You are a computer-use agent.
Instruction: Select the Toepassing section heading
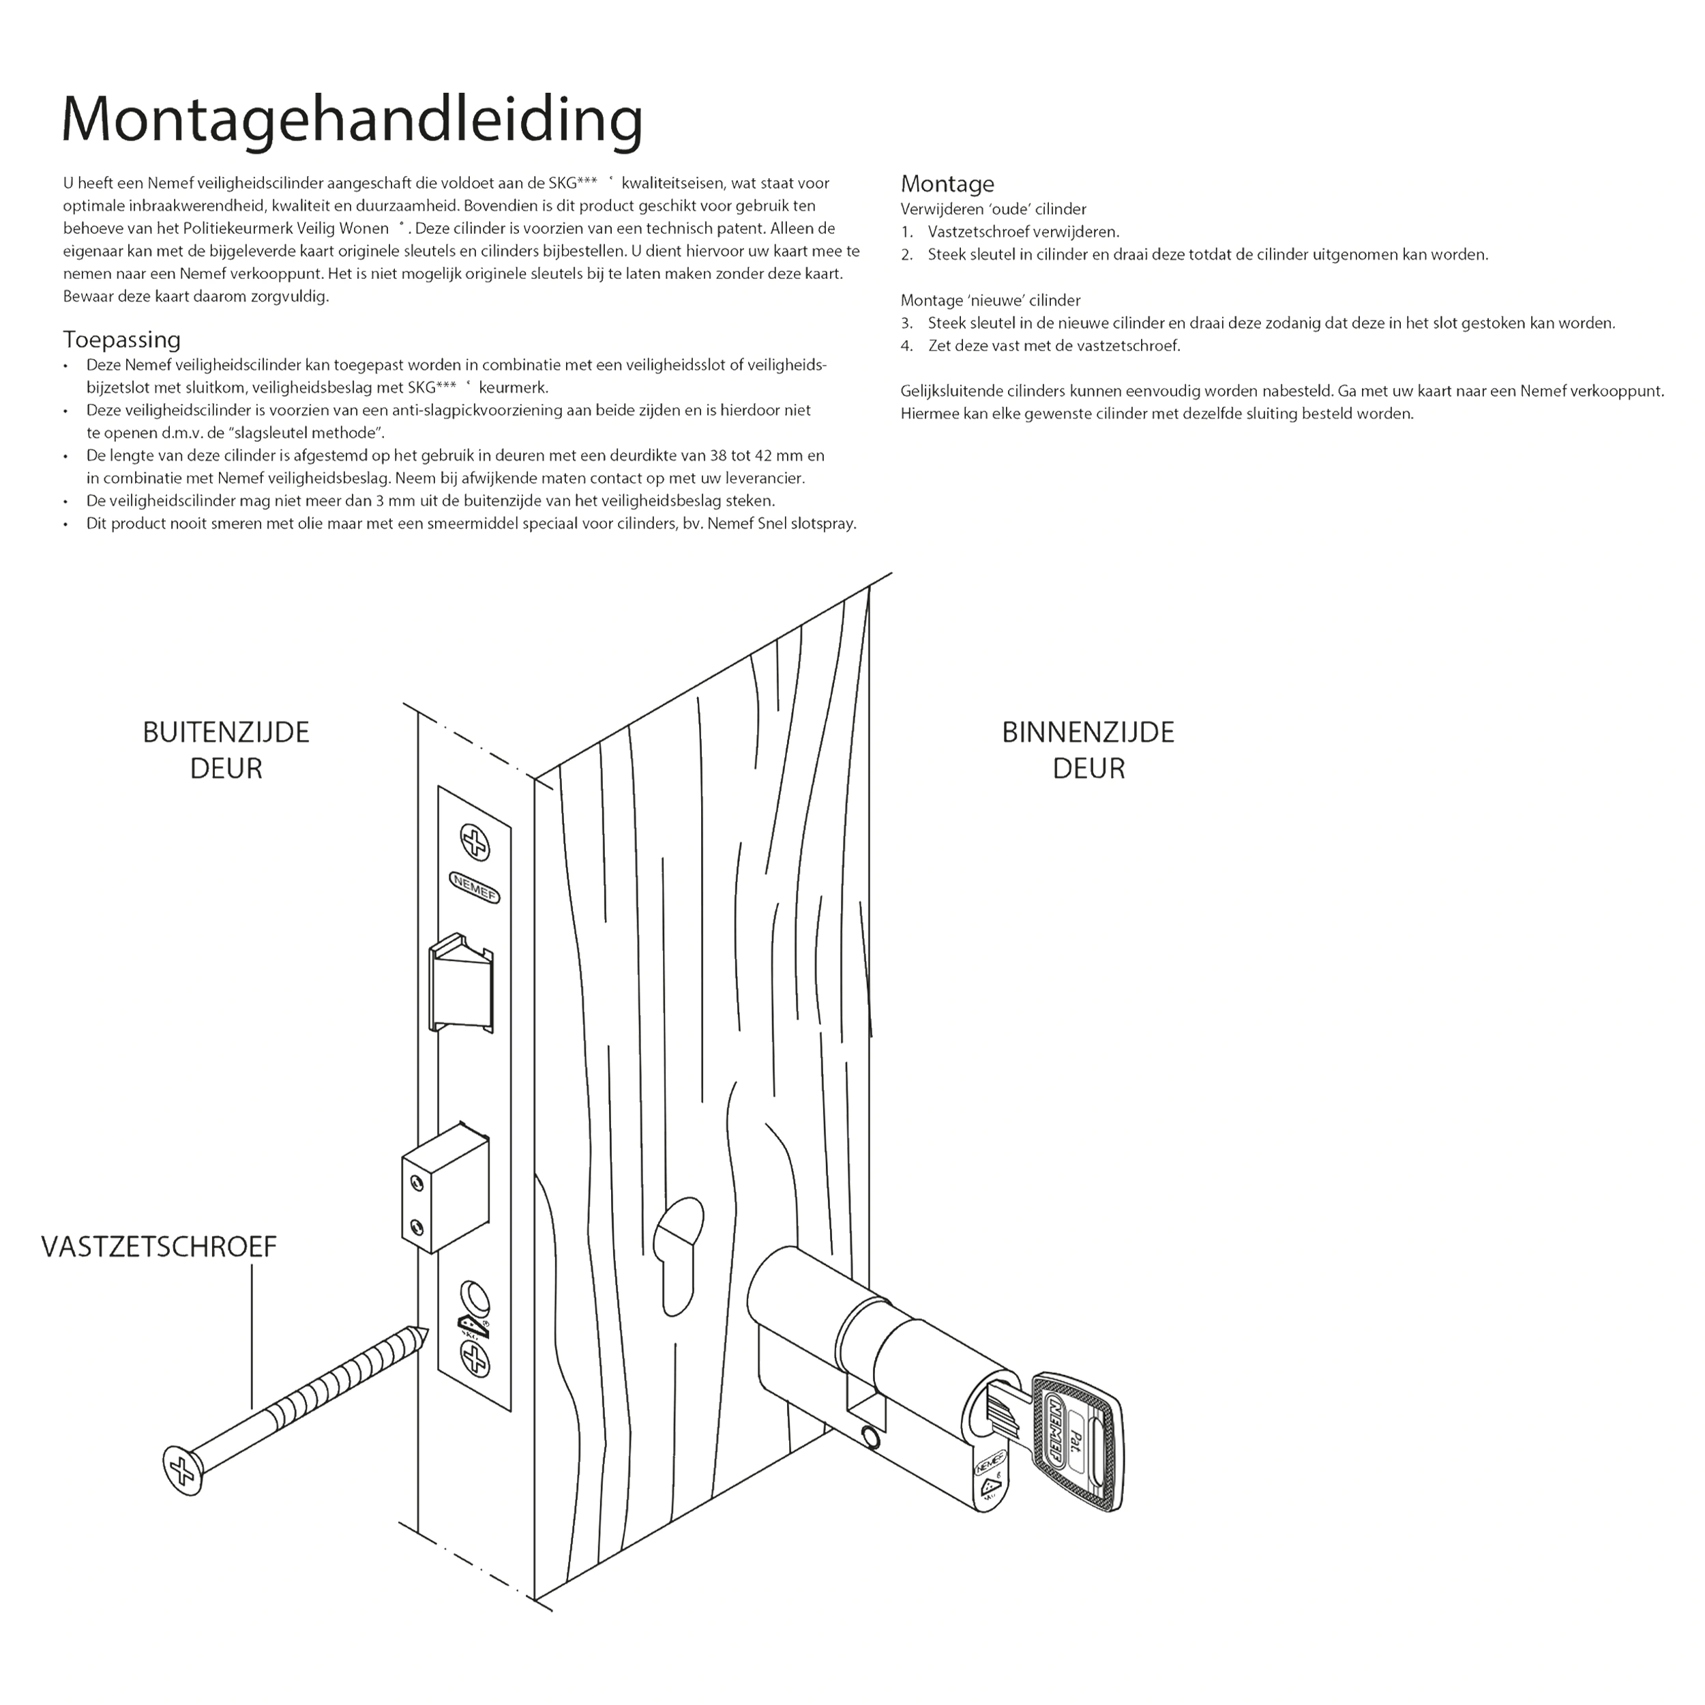(x=122, y=340)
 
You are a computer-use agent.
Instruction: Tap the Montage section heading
(x=947, y=183)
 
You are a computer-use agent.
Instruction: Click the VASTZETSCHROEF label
(x=159, y=1246)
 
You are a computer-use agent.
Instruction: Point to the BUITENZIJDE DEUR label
(x=226, y=750)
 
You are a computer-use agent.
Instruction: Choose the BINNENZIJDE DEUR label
(x=1087, y=750)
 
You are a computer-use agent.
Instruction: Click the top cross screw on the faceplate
(x=475, y=843)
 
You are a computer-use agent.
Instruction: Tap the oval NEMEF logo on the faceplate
(x=475, y=887)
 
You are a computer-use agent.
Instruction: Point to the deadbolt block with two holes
(x=445, y=1187)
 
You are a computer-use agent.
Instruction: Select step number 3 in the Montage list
(x=906, y=323)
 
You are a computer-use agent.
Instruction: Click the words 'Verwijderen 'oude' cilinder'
(x=993, y=209)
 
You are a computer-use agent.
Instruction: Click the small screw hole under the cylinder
(x=872, y=1440)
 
